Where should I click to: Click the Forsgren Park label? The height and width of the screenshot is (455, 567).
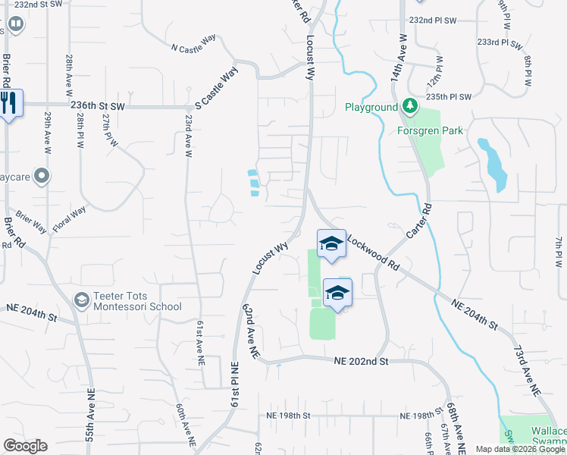click(430, 130)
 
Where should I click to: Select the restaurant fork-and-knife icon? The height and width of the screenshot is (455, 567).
click(8, 102)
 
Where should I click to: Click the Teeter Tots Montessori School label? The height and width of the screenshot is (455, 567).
click(138, 301)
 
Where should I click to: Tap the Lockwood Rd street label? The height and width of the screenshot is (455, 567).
click(373, 253)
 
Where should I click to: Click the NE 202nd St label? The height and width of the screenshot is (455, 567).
click(361, 362)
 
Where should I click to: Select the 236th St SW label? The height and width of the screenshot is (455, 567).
click(98, 108)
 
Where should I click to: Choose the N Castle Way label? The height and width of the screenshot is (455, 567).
click(193, 48)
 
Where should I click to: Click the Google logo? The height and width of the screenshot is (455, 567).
click(25, 446)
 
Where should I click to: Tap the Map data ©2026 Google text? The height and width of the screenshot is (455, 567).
click(520, 449)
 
